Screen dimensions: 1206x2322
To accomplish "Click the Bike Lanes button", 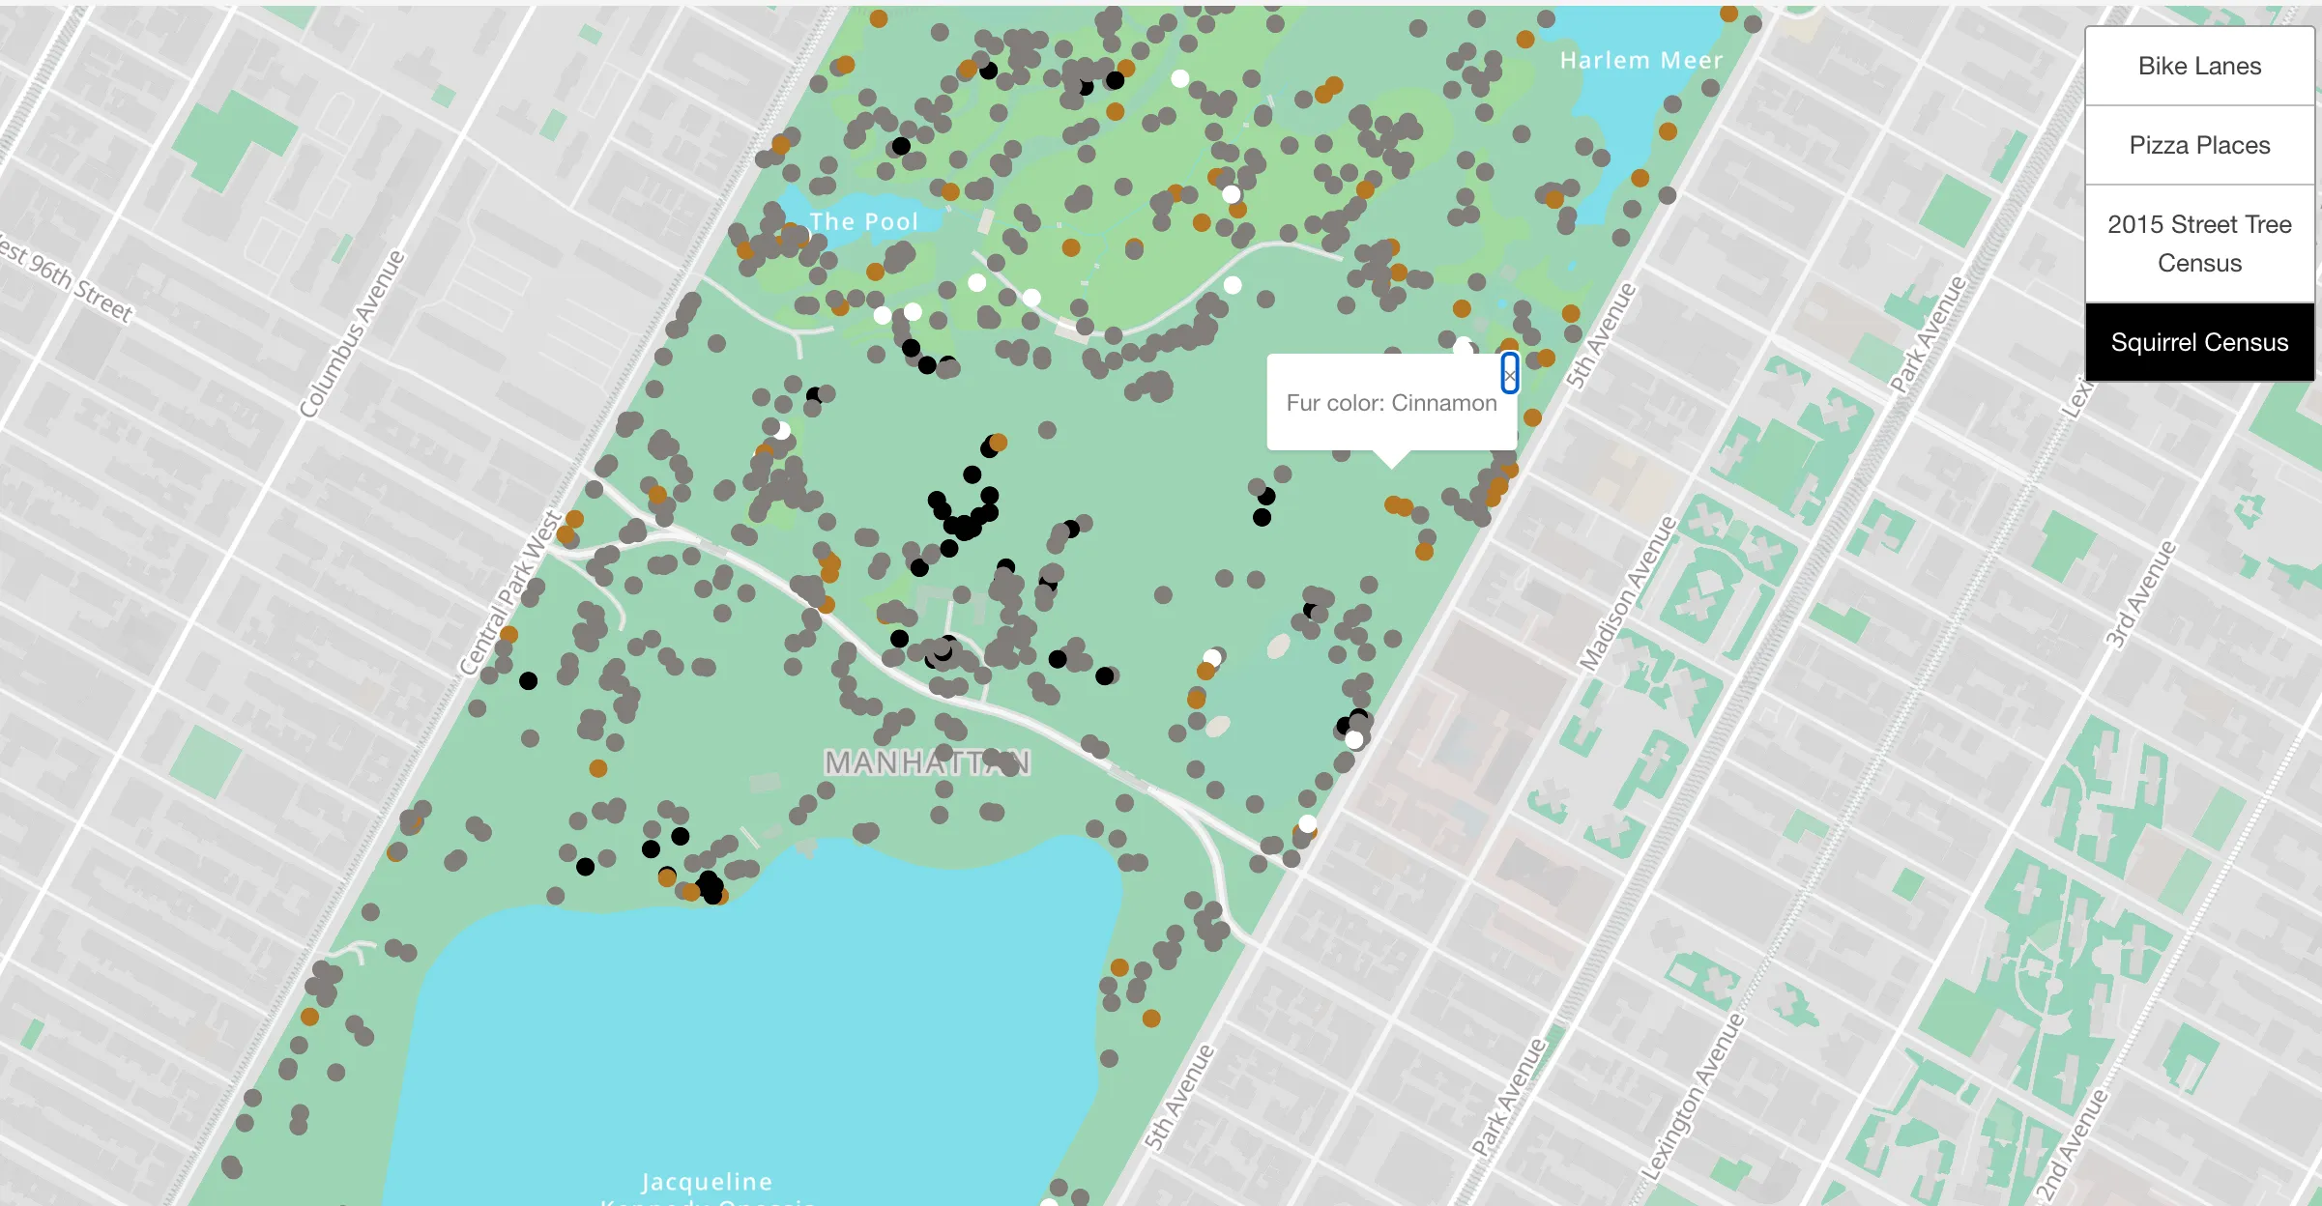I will click(x=2199, y=66).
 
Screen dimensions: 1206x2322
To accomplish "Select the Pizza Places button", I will click(x=2199, y=145).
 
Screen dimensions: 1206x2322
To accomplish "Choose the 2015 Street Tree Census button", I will click(x=2199, y=244).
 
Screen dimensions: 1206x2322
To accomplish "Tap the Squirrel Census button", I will click(x=2199, y=342).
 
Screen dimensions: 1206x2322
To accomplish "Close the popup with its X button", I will click(x=1509, y=374).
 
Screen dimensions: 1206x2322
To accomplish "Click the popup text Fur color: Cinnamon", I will click(x=1390, y=403).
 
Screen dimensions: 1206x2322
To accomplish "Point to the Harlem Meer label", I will click(x=1640, y=60).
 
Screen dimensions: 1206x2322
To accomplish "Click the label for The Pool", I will click(x=863, y=221).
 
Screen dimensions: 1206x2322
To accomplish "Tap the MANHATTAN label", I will click(x=927, y=762).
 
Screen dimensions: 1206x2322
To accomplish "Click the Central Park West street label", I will click(x=509, y=592).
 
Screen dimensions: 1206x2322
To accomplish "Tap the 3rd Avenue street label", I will click(x=2141, y=594).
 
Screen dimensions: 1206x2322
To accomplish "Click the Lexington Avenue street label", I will click(x=1692, y=1097).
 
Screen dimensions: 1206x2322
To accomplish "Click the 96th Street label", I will click(x=68, y=280).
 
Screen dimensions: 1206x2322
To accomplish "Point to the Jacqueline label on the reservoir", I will click(x=707, y=1181).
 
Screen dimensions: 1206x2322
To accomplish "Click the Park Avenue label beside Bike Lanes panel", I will click(x=1928, y=334).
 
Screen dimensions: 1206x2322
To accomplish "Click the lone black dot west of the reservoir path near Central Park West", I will click(x=528, y=680).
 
